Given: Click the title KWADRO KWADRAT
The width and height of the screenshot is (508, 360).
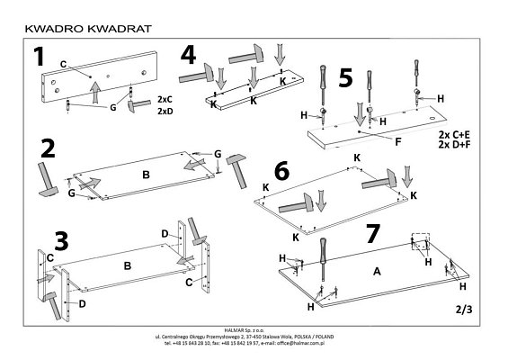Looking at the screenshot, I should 83,27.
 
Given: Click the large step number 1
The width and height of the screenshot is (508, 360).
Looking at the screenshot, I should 37,58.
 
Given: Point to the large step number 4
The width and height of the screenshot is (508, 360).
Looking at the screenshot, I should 188,55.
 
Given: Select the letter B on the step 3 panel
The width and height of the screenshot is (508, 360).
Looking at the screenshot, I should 128,265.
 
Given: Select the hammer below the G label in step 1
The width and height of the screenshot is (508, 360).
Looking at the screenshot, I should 138,106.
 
